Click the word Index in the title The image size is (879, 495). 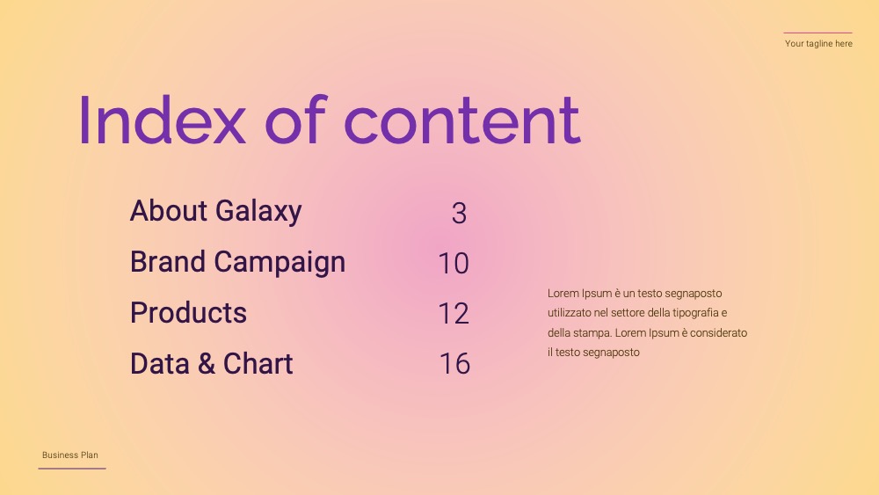(163, 120)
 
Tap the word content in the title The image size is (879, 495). (462, 120)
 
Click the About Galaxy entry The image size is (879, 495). (216, 211)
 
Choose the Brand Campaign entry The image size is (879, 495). (237, 262)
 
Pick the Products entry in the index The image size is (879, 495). (188, 313)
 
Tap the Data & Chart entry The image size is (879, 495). (211, 363)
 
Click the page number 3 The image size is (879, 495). (459, 214)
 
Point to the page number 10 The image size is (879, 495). (454, 264)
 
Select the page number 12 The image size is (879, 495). (454, 314)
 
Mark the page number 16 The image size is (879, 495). (454, 364)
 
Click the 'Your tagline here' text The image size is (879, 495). (818, 44)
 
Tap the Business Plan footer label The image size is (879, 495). (70, 455)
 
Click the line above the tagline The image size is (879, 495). (817, 33)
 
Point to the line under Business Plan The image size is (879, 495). (72, 468)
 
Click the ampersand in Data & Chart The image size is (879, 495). (207, 364)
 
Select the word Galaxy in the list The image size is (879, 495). (258, 212)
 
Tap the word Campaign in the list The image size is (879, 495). (280, 263)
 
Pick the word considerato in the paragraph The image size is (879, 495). (719, 332)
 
